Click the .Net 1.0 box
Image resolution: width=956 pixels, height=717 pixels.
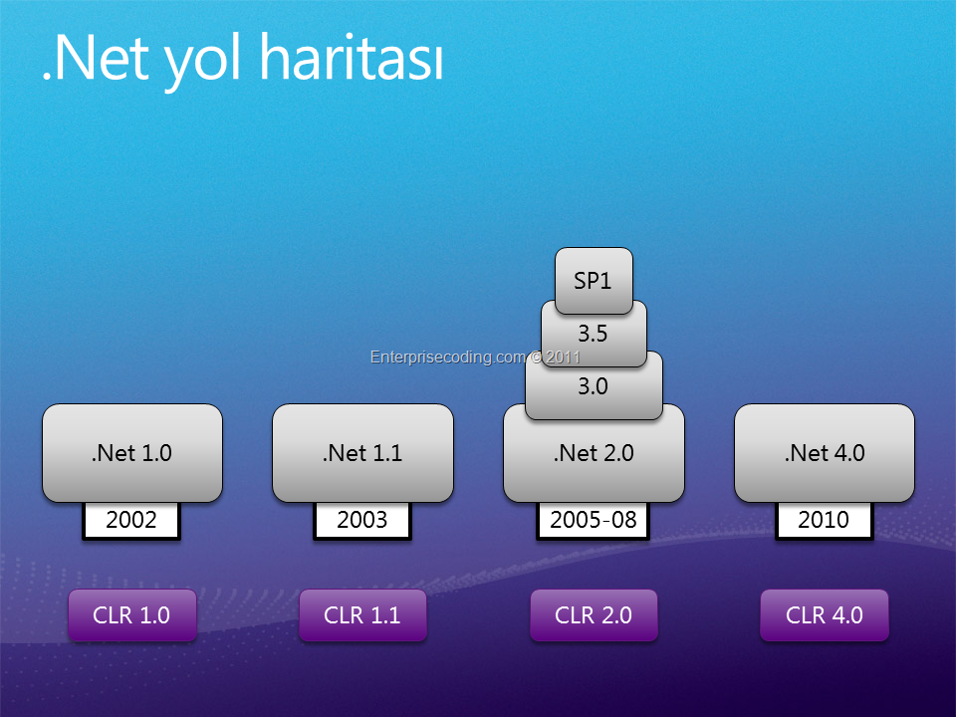point(132,453)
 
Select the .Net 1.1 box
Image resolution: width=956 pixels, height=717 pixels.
point(362,453)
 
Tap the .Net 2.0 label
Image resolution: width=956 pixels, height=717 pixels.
point(594,454)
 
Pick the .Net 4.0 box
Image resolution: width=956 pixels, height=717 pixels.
point(825,453)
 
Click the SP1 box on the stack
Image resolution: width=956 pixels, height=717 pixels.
point(594,281)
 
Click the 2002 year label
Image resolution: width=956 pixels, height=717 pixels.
point(131,521)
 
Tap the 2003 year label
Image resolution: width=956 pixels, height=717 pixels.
point(362,521)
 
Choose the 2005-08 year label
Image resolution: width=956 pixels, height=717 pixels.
point(594,521)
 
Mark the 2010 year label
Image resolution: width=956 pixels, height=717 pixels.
point(825,521)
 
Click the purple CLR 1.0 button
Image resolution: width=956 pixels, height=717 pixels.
point(132,615)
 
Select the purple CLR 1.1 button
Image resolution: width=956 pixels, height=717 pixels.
point(362,615)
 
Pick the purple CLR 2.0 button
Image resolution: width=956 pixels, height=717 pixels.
point(594,615)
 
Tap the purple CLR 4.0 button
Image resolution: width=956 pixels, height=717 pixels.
point(825,615)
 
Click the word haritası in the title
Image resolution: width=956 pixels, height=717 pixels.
point(353,57)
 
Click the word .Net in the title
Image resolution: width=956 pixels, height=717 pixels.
point(96,58)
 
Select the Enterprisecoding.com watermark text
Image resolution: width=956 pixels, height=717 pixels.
point(448,358)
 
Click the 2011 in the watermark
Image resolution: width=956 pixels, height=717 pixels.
point(564,358)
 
